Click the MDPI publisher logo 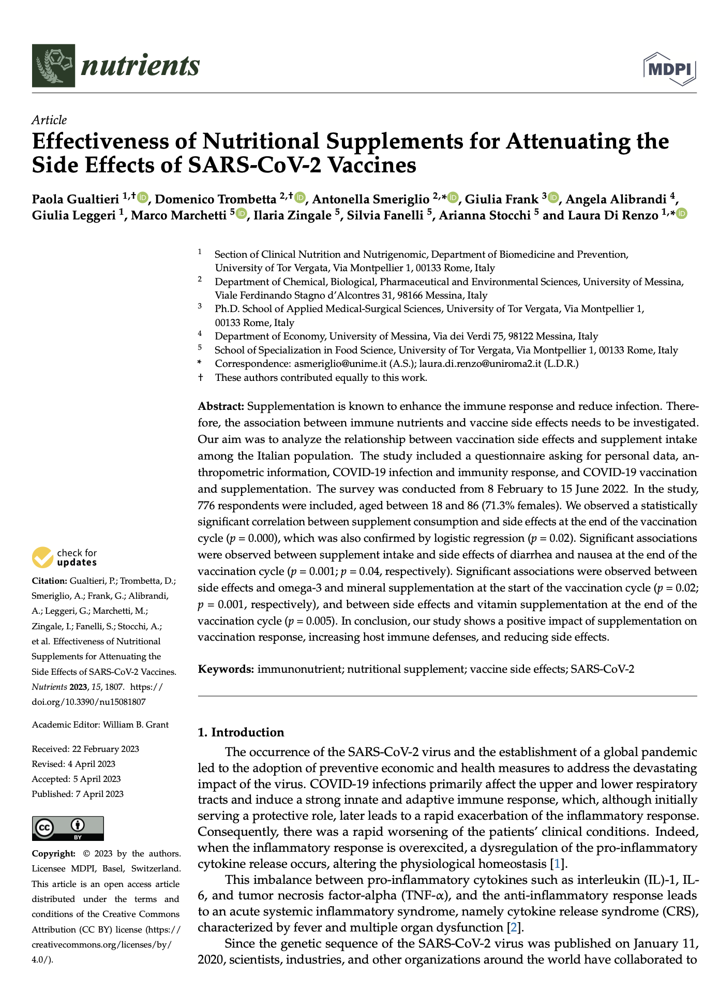point(670,68)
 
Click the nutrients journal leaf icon point(53,66)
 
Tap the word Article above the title point(49,120)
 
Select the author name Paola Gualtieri point(76,200)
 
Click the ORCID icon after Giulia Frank point(553,198)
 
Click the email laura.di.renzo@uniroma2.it point(480,363)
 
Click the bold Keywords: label point(226,669)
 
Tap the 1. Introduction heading point(241,732)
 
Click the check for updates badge point(65,557)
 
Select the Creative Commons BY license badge point(68,828)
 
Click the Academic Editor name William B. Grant point(136,724)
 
